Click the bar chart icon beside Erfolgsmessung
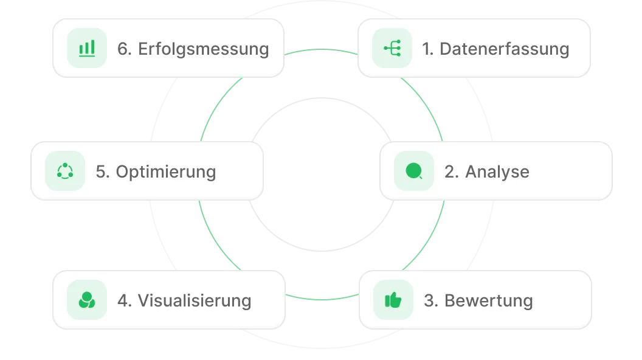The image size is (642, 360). tap(86, 48)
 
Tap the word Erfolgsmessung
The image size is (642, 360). tap(203, 49)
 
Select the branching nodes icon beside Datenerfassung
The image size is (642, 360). tap(392, 48)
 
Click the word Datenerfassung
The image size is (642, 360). tap(504, 49)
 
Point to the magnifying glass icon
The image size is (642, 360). tap(414, 171)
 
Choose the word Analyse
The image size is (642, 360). tap(497, 171)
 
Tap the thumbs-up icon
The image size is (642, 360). tap(393, 300)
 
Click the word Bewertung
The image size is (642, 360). tap(488, 300)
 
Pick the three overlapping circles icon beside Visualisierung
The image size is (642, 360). tap(87, 300)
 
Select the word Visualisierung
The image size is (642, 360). tap(194, 300)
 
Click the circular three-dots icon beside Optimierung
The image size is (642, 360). tap(65, 171)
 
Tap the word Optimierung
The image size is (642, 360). tap(165, 171)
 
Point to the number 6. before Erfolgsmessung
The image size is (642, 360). tap(125, 49)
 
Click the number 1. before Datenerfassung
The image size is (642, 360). tap(428, 49)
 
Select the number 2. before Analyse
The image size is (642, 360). tap(451, 171)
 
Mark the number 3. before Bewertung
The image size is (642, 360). tap(431, 300)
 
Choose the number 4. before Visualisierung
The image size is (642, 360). tap(125, 300)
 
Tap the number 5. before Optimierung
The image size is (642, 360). tap(103, 171)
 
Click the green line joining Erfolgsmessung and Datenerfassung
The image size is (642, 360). tap(320, 50)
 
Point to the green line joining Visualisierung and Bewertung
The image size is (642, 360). tap(320, 298)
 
